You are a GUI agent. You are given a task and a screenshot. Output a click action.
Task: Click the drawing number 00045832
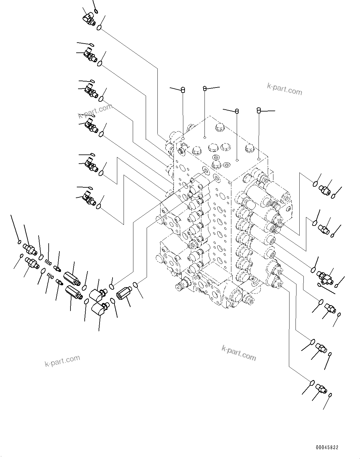click(327, 448)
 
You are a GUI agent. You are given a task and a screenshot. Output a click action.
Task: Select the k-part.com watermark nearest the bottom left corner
click(62, 360)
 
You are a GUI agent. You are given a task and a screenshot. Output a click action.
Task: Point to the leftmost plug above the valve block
click(183, 90)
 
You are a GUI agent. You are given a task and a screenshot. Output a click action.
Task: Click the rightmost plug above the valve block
click(259, 110)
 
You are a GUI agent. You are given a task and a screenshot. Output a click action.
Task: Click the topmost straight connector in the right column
click(325, 190)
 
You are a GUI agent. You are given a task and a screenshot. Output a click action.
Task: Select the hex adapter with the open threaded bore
click(124, 293)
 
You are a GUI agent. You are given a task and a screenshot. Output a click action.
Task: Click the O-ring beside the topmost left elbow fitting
click(99, 27)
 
